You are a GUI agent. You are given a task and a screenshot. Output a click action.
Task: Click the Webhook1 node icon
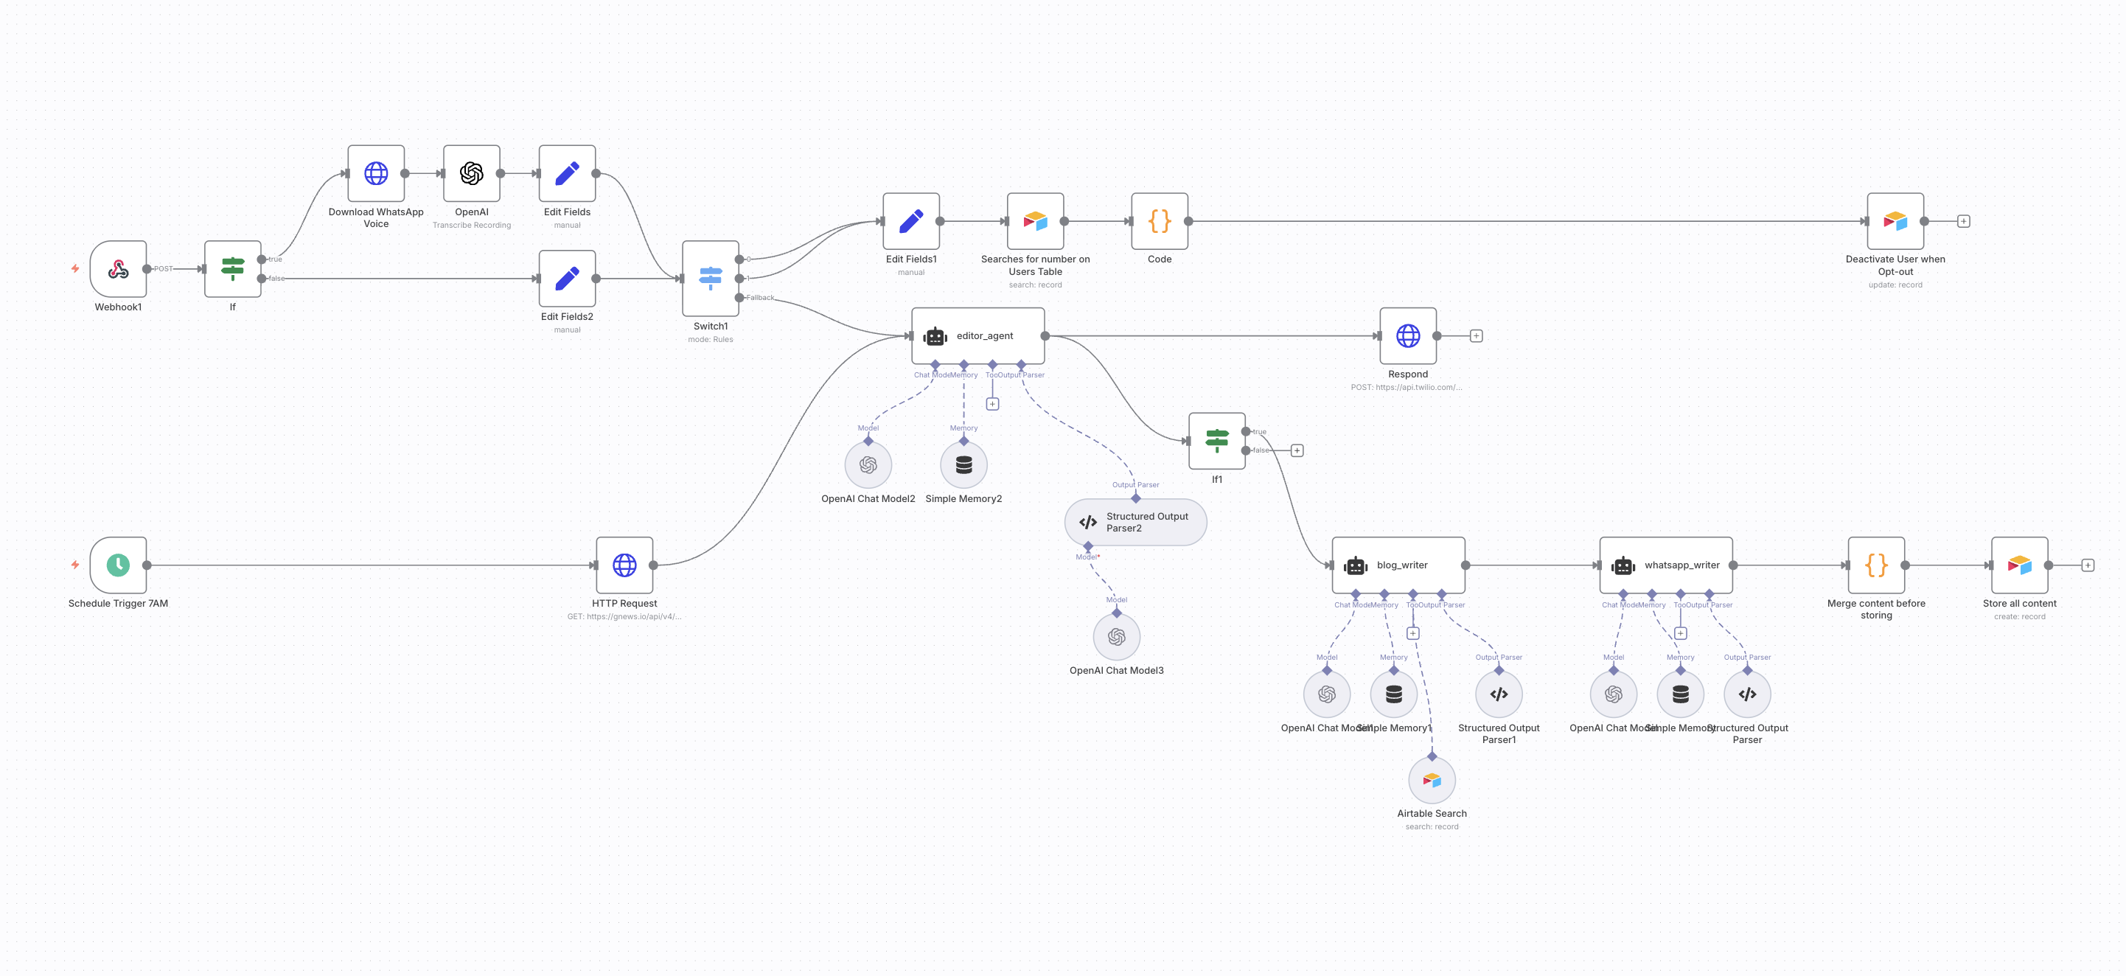tap(118, 269)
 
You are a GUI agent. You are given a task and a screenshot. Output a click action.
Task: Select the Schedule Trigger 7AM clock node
tap(118, 565)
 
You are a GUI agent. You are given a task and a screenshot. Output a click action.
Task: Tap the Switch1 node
tap(710, 278)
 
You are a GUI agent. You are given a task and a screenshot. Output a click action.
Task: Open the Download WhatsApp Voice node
tap(375, 173)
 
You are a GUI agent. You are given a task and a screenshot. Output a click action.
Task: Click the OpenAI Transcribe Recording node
tap(471, 173)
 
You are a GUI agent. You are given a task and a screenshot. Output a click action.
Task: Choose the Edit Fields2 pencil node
tap(567, 278)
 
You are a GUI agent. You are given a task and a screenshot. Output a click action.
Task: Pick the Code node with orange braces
tap(1159, 221)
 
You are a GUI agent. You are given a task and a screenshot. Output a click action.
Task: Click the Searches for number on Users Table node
tap(1035, 221)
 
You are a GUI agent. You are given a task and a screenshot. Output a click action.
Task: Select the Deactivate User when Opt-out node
tap(1895, 221)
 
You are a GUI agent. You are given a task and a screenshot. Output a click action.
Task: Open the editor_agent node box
tap(978, 336)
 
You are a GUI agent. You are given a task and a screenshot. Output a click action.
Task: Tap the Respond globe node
tap(1408, 336)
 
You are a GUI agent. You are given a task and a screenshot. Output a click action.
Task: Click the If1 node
tap(1216, 442)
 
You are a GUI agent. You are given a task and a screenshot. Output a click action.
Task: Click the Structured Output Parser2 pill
tap(1136, 522)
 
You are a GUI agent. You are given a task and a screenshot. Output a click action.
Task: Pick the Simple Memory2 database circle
tap(963, 465)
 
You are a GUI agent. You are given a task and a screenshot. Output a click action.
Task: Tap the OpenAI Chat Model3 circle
tap(1116, 637)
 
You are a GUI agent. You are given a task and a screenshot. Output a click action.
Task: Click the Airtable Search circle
tap(1432, 781)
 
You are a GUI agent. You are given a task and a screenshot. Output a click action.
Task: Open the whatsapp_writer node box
tap(1665, 565)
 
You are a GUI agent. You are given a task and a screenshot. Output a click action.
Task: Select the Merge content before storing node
tap(1876, 565)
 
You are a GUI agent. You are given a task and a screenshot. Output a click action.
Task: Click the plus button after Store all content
tap(2087, 565)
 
